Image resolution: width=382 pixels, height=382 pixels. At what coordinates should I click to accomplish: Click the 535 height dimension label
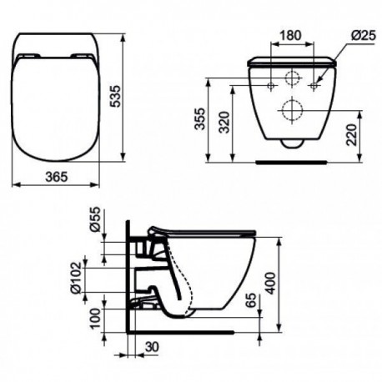coord(115,96)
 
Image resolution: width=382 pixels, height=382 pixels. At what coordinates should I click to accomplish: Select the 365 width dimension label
coord(57,177)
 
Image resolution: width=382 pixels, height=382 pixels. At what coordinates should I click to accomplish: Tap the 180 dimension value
coord(290,35)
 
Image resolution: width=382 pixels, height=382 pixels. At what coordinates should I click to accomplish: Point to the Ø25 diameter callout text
coord(364,35)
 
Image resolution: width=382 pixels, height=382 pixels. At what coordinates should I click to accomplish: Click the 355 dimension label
coord(199,118)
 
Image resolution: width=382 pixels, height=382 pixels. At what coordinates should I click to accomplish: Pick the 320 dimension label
coord(224,123)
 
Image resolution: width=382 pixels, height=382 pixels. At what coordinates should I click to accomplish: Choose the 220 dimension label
coord(352,135)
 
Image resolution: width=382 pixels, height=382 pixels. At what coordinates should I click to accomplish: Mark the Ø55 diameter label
coord(95,220)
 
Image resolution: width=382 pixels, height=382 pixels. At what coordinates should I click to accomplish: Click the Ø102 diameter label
coord(76,278)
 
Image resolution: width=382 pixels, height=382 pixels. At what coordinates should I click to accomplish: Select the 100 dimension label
coord(95,319)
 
